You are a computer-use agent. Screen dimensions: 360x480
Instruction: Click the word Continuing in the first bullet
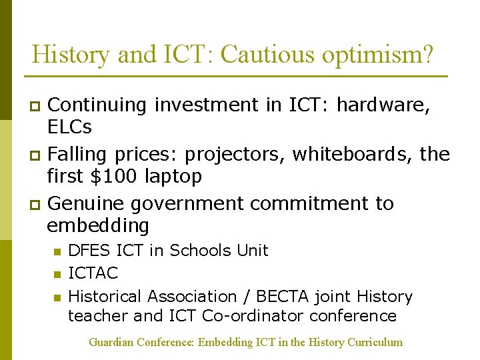click(98, 105)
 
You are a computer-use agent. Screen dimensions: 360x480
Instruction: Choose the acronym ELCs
click(69, 127)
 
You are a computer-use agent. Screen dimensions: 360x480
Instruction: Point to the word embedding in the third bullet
click(98, 225)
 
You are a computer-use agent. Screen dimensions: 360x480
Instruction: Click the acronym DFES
click(90, 251)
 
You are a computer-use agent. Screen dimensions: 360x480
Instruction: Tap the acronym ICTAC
click(93, 273)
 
